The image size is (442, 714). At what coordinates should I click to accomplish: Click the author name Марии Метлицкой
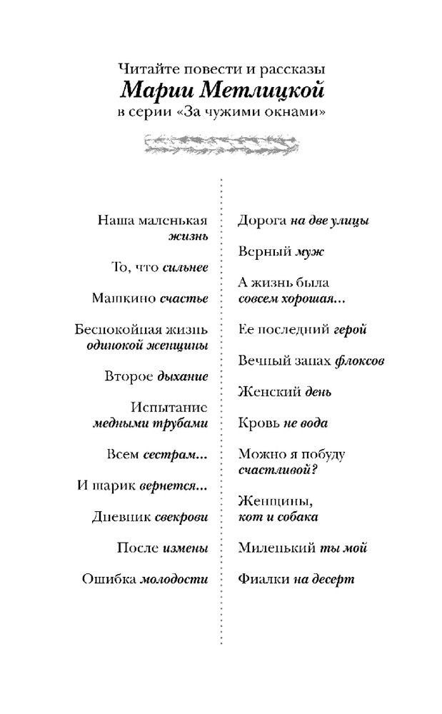221,91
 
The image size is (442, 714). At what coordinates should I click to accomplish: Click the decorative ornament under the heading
221,145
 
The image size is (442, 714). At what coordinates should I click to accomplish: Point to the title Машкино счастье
150,298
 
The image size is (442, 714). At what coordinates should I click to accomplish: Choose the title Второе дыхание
156,376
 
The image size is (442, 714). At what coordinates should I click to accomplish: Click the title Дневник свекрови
150,516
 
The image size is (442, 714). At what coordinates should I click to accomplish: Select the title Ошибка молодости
145,579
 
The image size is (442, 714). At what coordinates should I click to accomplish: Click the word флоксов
360,361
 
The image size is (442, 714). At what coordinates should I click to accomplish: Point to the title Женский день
284,392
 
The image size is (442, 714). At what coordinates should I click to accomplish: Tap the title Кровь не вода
283,423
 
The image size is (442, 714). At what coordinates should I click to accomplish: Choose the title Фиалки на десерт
296,579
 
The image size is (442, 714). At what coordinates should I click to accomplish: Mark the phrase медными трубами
150,423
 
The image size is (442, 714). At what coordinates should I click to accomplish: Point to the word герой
350,329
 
